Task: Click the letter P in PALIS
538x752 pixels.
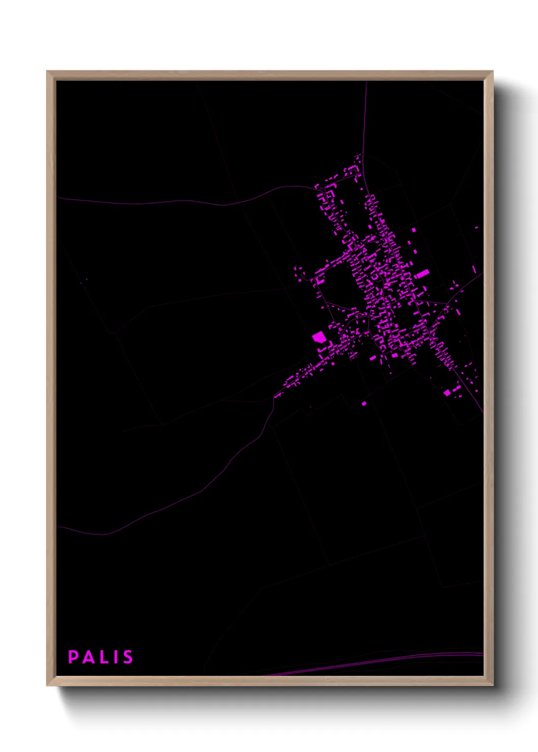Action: pyautogui.click(x=73, y=657)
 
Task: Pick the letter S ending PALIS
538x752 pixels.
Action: pyautogui.click(x=127, y=657)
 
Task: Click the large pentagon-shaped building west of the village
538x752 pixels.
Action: pyautogui.click(x=319, y=337)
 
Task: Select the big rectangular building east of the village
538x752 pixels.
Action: pyautogui.click(x=422, y=274)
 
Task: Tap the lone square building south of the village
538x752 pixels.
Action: pyautogui.click(x=364, y=403)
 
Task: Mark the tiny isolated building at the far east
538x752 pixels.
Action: pyautogui.click(x=476, y=228)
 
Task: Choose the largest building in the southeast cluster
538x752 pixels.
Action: pyautogui.click(x=447, y=392)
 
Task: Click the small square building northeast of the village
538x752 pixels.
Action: pyautogui.click(x=413, y=230)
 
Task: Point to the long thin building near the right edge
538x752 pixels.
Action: pyautogui.click(x=474, y=269)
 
